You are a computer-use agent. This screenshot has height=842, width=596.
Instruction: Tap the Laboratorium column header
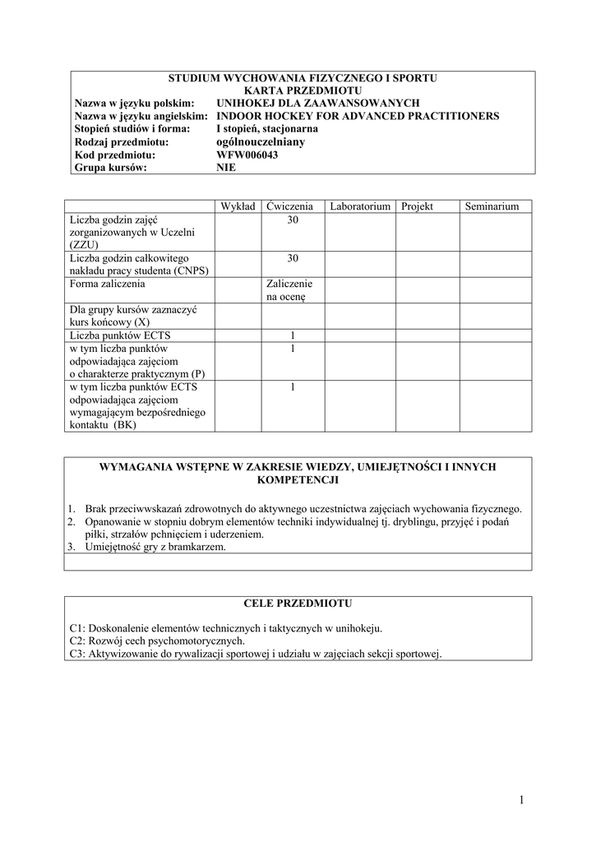359,206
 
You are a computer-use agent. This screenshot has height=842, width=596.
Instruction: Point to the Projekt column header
417,206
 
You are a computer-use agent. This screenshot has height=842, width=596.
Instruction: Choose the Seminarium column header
492,206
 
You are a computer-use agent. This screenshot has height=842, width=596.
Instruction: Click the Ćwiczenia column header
290,206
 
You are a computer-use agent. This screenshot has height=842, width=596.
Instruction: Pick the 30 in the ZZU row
293,220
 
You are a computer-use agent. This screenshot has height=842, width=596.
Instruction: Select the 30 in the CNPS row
293,258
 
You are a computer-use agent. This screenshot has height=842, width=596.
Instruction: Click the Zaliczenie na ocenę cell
290,290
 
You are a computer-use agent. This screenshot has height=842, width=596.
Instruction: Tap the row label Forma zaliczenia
108,284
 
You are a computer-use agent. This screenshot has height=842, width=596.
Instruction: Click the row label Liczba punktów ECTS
121,335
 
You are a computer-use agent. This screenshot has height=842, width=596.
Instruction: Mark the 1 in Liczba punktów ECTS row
293,335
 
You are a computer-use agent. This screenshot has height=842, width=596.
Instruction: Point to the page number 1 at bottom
522,800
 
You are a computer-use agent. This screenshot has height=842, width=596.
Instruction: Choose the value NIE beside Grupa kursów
226,167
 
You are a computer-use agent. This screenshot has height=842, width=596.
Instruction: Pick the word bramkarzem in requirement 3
200,547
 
